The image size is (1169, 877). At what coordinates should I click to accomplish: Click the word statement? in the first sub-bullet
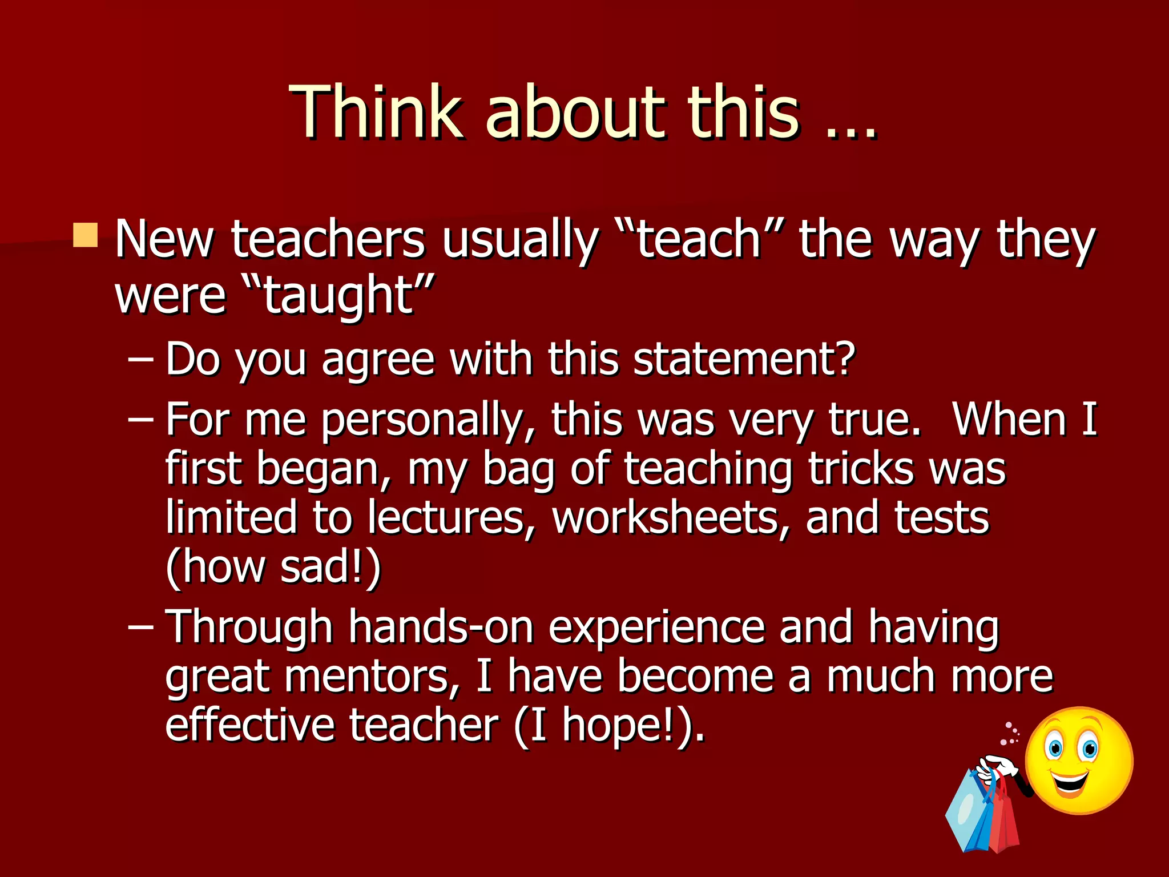(x=744, y=359)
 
